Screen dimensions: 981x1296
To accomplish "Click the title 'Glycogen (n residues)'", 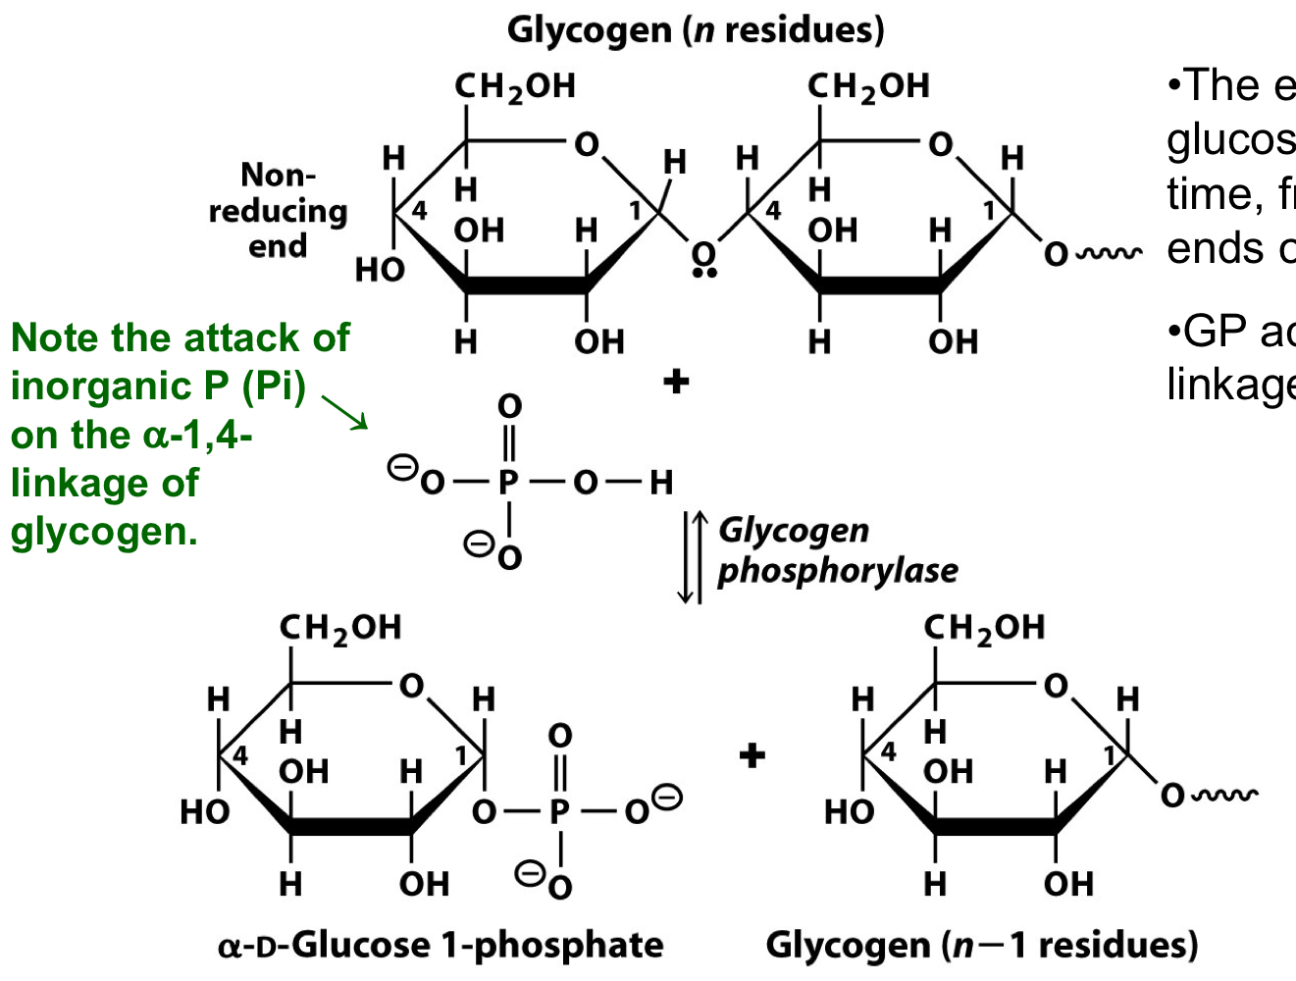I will (696, 30).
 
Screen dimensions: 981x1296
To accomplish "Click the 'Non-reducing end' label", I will (278, 211).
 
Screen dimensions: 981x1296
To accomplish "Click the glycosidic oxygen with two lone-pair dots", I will (702, 254).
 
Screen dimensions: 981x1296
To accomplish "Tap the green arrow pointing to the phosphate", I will (344, 412).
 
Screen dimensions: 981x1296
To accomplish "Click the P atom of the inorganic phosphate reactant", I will (508, 483).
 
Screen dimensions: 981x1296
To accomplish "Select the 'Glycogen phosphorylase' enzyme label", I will (837, 550).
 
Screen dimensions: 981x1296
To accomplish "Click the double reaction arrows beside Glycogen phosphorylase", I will (692, 557).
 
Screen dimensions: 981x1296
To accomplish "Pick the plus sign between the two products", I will (752, 755).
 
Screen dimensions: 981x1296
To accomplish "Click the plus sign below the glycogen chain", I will (676, 382).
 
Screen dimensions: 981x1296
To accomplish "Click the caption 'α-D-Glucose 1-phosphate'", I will (441, 946).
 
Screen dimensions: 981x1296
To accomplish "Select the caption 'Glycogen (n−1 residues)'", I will (982, 946).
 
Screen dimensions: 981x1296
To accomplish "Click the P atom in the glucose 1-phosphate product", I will (559, 812).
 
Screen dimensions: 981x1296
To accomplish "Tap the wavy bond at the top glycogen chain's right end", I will (1109, 254).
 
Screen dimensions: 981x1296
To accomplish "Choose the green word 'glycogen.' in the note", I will (104, 532).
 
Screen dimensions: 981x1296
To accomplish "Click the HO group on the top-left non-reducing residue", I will (380, 269).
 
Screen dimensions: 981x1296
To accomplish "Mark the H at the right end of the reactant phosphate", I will (661, 483).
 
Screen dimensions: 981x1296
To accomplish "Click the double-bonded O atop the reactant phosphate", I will (509, 406).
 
